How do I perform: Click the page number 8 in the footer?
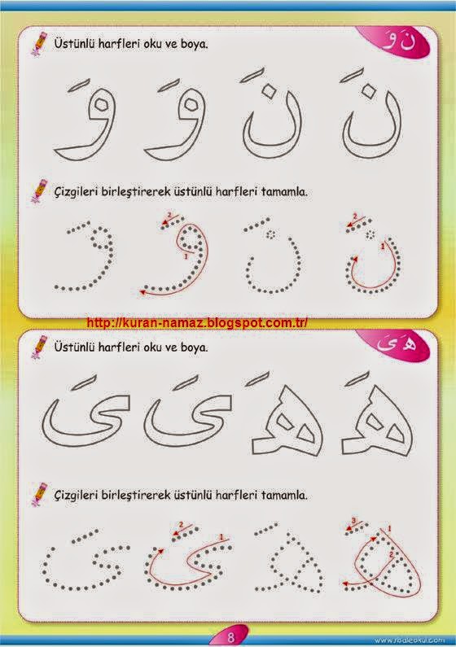(230, 636)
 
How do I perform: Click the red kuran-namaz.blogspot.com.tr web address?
(197, 322)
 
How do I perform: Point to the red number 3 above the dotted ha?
(353, 520)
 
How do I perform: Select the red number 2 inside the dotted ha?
(391, 554)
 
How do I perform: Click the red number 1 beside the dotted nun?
(382, 247)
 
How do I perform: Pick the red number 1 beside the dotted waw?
(186, 256)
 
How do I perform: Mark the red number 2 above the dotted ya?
(180, 524)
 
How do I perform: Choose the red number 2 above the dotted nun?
(354, 216)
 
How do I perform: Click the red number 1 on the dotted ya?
(221, 537)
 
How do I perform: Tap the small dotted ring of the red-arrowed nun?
(370, 234)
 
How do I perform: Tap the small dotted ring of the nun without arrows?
(270, 234)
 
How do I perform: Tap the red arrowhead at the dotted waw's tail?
(143, 291)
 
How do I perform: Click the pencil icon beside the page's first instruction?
(38, 44)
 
